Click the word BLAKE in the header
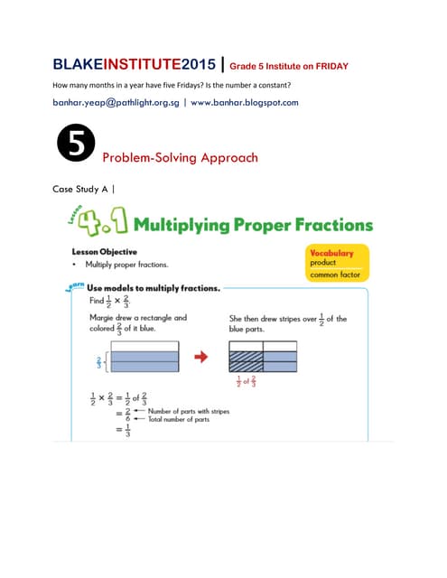78,64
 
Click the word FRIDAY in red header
327,66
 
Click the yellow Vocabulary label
337,254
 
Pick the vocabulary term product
323,263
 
